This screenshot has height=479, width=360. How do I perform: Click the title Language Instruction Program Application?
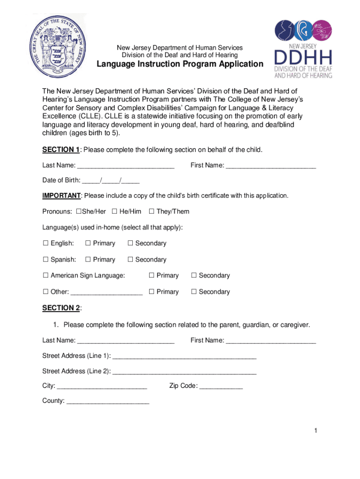pos(180,64)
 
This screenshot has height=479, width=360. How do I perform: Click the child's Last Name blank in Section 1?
pos(126,166)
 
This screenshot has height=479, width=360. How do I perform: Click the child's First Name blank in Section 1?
pos(271,166)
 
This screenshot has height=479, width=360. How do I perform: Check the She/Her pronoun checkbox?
pos(78,212)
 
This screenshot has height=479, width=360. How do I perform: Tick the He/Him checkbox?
pos(114,212)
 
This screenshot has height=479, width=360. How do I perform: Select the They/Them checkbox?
pos(151,212)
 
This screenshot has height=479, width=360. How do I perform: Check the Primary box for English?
pos(88,243)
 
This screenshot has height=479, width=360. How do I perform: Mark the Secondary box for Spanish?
pos(130,260)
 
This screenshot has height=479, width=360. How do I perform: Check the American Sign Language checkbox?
pos(46,276)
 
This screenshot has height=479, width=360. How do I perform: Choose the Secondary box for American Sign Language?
pos(194,276)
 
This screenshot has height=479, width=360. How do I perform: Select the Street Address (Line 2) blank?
pos(185,371)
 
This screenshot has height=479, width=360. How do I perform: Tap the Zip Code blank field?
pos(221,387)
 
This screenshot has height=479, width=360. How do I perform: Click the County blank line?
pos(108,401)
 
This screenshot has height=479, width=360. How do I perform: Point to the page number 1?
pos(316,431)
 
